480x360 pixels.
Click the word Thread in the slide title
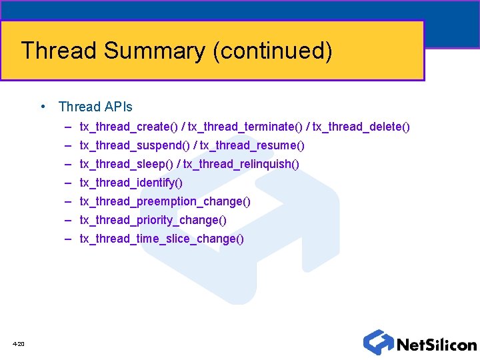(x=58, y=51)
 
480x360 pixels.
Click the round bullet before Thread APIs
(x=43, y=107)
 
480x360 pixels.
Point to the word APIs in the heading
(x=118, y=107)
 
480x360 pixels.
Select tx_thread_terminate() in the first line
(x=243, y=126)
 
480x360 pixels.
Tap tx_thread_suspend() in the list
(x=135, y=145)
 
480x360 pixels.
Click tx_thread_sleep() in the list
(x=127, y=163)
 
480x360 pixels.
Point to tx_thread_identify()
(x=131, y=182)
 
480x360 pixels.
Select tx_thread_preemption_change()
(x=165, y=201)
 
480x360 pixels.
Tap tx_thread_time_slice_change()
(x=162, y=238)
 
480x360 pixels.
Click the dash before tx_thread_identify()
(x=69, y=182)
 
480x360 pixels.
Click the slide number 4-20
(x=18, y=344)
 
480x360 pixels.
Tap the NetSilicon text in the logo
(x=436, y=345)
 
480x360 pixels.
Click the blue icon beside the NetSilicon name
(x=377, y=342)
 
